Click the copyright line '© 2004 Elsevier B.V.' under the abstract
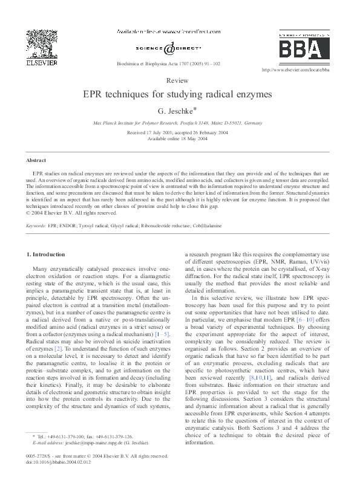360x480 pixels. tap(71, 212)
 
